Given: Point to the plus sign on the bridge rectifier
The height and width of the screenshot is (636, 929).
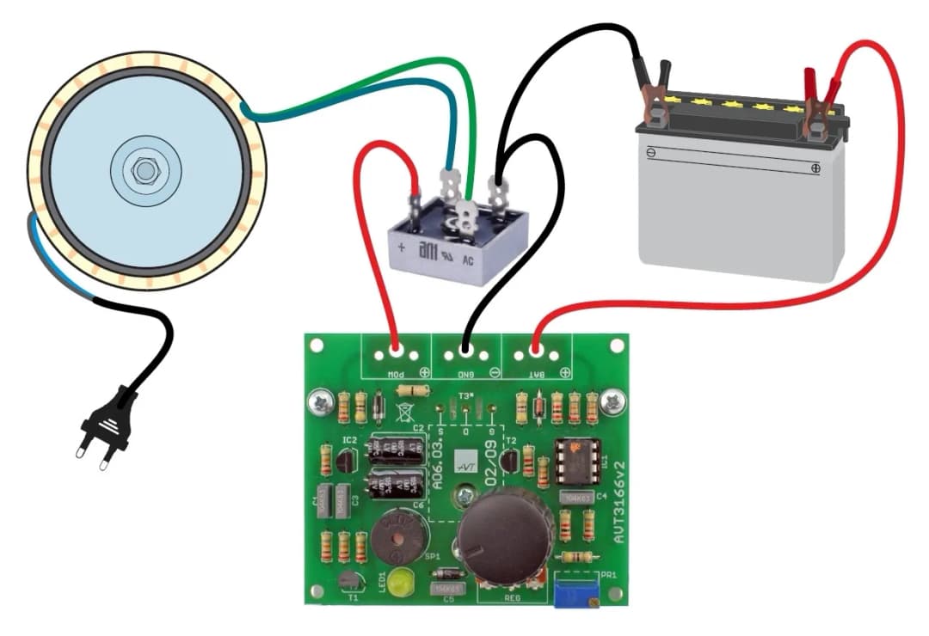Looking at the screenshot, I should tap(401, 248).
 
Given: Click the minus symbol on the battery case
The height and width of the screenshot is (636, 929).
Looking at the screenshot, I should tap(651, 152).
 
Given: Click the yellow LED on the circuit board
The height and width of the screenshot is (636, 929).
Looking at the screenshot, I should tap(397, 582).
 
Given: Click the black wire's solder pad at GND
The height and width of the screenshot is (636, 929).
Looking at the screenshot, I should tap(465, 350).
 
